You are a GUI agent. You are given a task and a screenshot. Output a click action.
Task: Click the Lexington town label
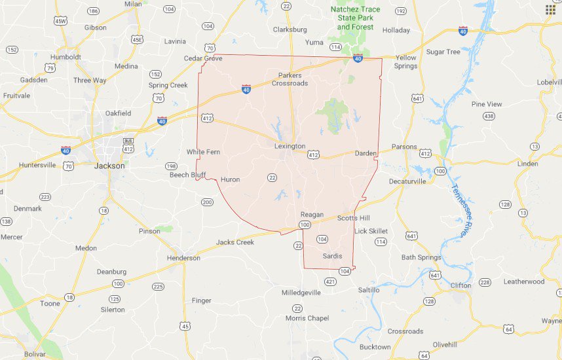(290, 146)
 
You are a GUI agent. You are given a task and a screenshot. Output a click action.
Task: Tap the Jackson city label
(109, 166)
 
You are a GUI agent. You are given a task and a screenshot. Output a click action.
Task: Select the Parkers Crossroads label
(290, 79)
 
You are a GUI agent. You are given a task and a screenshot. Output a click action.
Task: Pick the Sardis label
(333, 256)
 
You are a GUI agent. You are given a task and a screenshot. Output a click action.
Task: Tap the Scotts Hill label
(354, 218)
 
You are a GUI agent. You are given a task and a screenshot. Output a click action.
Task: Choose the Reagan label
(312, 215)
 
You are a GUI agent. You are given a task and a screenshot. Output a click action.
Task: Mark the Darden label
(365, 153)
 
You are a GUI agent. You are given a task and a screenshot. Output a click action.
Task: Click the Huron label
(231, 179)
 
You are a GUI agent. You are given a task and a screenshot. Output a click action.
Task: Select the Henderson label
(183, 258)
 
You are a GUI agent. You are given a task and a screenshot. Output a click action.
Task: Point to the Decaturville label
(407, 181)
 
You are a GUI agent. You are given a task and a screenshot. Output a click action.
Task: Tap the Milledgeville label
(301, 293)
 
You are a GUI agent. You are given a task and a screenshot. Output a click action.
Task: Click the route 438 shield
(489, 116)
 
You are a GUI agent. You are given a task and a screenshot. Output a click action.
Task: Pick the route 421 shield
(330, 282)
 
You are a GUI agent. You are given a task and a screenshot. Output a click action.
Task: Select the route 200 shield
(207, 202)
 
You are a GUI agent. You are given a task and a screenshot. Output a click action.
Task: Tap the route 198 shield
(171, 166)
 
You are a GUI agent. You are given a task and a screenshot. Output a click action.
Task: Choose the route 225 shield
(158, 287)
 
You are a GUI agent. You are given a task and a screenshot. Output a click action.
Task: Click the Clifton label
(460, 285)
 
